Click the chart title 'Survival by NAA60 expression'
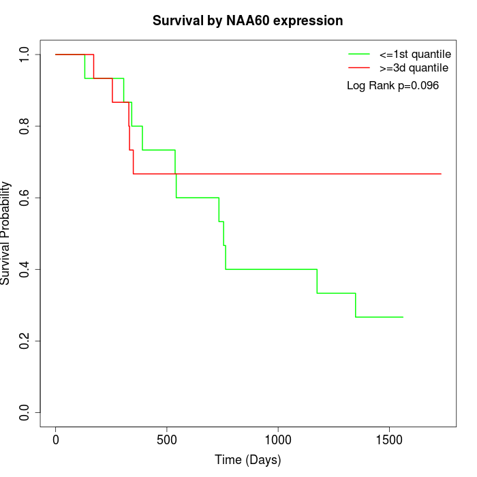click(x=247, y=20)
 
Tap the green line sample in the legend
click(x=358, y=54)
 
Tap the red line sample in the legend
click(x=358, y=68)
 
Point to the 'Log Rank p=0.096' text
click(x=393, y=86)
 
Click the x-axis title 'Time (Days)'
click(x=247, y=460)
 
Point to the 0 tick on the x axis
click(x=56, y=440)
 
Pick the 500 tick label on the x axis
click(x=167, y=440)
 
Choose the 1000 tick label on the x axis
click(x=278, y=440)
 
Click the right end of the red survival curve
click(x=441, y=174)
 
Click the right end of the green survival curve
click(x=403, y=317)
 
